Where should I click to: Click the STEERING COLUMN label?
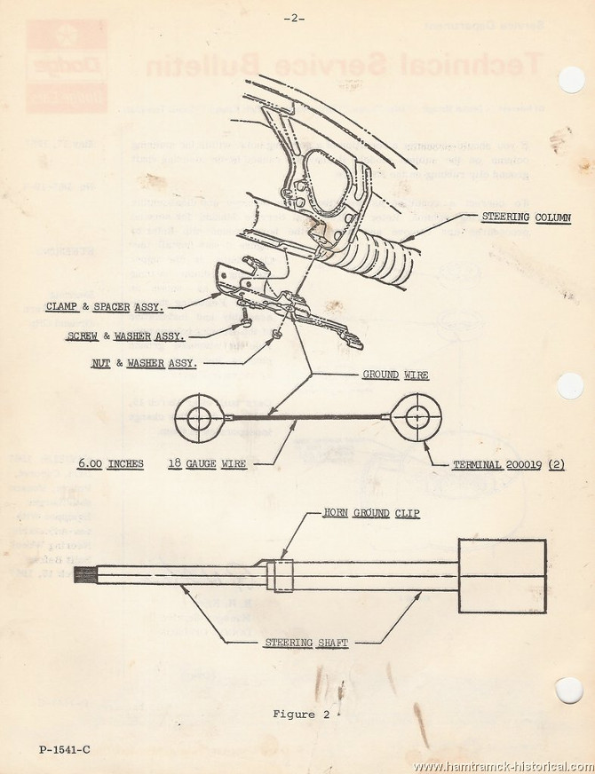click(525, 217)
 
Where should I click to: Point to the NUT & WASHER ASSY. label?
click(145, 364)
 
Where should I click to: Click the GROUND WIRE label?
click(395, 375)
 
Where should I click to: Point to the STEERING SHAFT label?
click(293, 643)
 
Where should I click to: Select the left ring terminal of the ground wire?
click(198, 415)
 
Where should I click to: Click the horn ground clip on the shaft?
click(281, 574)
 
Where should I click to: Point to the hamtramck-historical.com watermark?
click(503, 766)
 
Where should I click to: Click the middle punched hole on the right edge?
click(570, 385)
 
